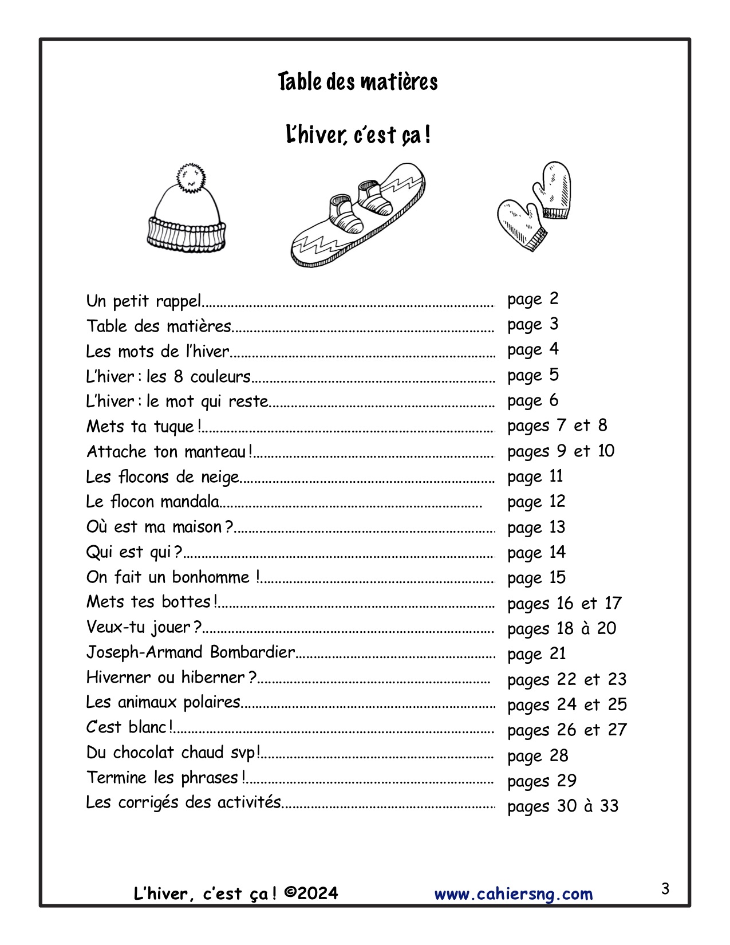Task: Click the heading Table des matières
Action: (358, 82)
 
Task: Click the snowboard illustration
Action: (358, 215)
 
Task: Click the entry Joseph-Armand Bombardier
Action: (191, 652)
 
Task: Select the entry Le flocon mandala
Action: (153, 502)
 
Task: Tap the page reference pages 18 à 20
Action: (562, 629)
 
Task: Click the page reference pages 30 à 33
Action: (563, 806)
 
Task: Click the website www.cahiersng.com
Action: (514, 894)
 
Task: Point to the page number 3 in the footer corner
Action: (665, 889)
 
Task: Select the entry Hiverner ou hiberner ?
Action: (171, 678)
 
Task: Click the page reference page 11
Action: (535, 477)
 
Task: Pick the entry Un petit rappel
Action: (144, 301)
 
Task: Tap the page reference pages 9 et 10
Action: (561, 451)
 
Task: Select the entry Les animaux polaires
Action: (163, 702)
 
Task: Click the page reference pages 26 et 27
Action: (567, 730)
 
